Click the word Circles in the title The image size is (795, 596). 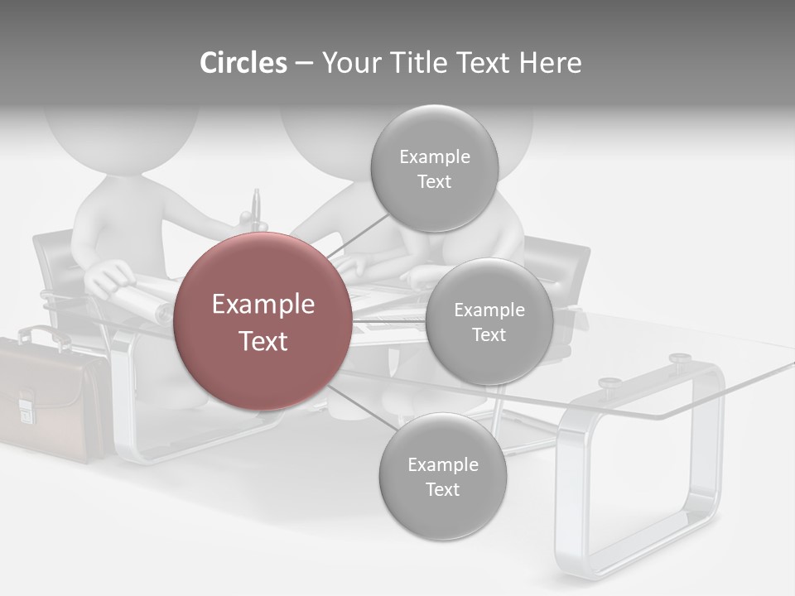pyautogui.click(x=243, y=63)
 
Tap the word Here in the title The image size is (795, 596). pyautogui.click(x=550, y=63)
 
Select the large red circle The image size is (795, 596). pyautogui.click(x=263, y=321)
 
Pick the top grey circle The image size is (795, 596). pyautogui.click(x=434, y=168)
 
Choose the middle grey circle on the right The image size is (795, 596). pyautogui.click(x=489, y=321)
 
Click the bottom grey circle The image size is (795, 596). pyautogui.click(x=442, y=476)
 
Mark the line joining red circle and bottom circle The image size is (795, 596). pyautogui.click(x=363, y=407)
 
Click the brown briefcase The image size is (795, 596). pyautogui.click(x=50, y=401)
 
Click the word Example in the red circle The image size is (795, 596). pyautogui.click(x=263, y=305)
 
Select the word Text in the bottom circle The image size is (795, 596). pyautogui.click(x=442, y=489)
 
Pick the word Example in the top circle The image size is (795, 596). pyautogui.click(x=434, y=156)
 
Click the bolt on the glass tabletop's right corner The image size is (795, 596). pyautogui.click(x=680, y=358)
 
